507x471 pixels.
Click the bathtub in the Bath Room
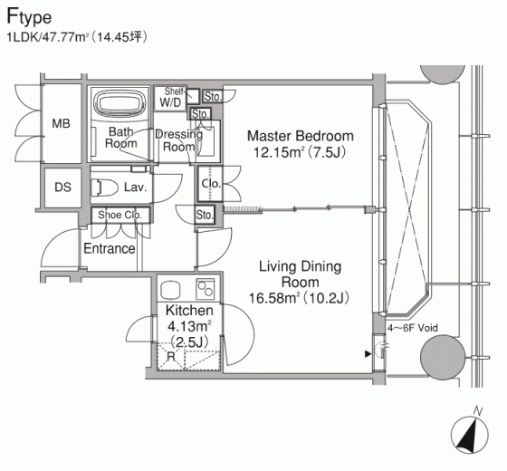(119, 103)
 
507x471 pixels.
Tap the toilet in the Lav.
(104, 187)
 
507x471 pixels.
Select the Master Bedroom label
(301, 136)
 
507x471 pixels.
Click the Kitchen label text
(189, 311)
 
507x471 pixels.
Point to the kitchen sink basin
(171, 290)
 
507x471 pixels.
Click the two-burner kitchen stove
(205, 289)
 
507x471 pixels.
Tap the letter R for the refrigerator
(171, 356)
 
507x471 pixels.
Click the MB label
(62, 123)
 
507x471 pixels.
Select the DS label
(62, 187)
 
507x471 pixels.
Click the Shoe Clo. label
(120, 215)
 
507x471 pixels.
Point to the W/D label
(170, 102)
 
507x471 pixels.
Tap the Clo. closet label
(211, 184)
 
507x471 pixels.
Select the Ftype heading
(29, 17)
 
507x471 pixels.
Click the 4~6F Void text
(413, 328)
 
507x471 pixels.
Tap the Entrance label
(110, 248)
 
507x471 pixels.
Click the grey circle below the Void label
(443, 357)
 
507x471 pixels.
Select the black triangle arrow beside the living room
(368, 354)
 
